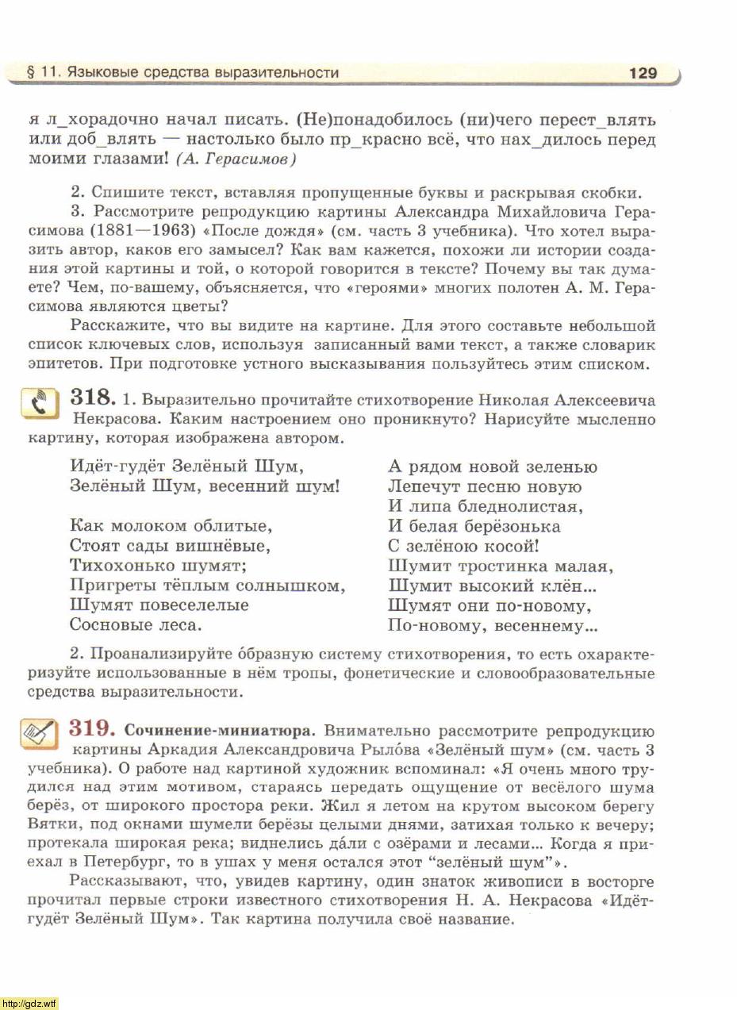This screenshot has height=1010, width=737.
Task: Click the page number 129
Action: (x=643, y=73)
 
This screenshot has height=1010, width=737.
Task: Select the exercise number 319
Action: (x=94, y=728)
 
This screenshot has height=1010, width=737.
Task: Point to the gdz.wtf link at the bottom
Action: (x=29, y=1004)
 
